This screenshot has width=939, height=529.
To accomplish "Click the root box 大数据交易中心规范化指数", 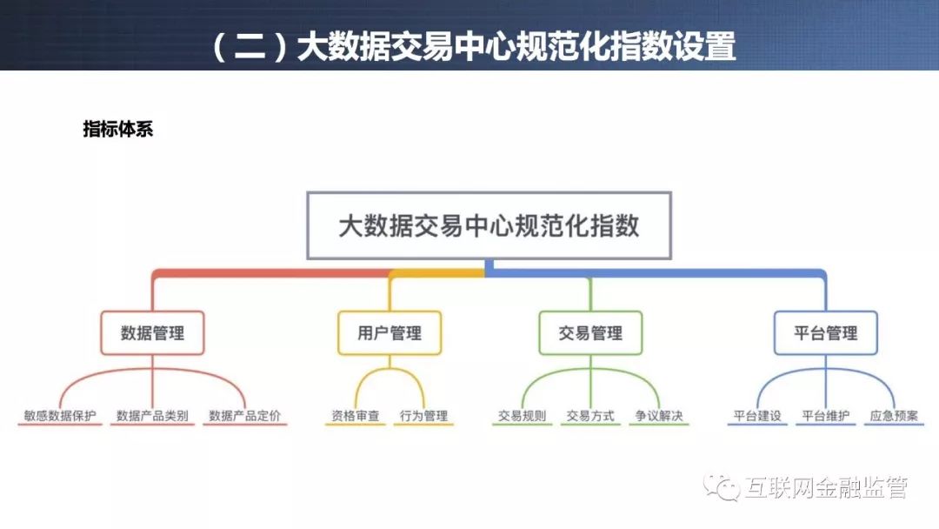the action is point(489,225).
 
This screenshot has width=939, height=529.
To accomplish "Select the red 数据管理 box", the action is point(152,332).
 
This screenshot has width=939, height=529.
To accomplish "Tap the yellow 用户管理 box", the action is point(390,332).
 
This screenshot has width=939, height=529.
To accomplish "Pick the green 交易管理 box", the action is point(590,332).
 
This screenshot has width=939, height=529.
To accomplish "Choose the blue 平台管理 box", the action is point(825,332).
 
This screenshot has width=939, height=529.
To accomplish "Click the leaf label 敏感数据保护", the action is point(60,415).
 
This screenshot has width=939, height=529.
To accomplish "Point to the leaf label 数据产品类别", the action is point(152,415).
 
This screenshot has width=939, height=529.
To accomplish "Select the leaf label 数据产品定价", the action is point(244,415).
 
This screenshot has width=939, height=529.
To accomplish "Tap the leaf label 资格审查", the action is point(355,415).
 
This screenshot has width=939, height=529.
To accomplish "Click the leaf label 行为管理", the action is point(423,415).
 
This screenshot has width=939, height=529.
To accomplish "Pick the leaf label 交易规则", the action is point(522,415).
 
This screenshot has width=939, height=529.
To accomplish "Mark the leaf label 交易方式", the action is point(589,415).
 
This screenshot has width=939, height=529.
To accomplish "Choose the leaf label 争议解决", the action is point(659,415).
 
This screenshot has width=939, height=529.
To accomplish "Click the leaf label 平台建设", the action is point(757,415).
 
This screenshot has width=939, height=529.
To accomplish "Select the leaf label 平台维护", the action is point(825,415).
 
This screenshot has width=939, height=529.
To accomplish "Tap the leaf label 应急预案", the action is point(894,415).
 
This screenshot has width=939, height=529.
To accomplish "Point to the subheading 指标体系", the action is point(118,129).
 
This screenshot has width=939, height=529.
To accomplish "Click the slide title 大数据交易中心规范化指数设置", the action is point(516,46).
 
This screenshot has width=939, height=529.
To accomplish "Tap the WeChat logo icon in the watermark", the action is point(722,487).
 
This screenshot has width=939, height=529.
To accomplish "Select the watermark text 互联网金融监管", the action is point(827,487).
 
